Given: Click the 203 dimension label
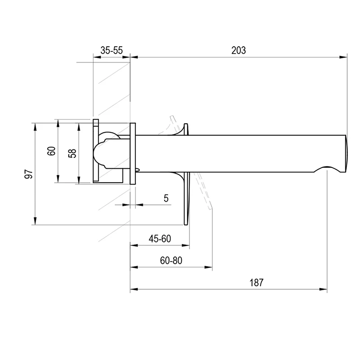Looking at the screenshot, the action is click(238, 50).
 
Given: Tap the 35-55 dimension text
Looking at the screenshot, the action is click(112, 50).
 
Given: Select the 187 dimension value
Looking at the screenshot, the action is click(256, 283).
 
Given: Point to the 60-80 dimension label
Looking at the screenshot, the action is click(171, 261).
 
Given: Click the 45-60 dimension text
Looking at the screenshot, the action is click(160, 239).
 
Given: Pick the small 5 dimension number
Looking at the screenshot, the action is click(166, 198).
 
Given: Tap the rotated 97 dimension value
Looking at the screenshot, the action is click(29, 174).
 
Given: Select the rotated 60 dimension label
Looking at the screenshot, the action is click(51, 151).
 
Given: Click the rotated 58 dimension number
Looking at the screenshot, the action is click(72, 153).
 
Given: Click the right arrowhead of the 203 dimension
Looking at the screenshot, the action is click(343, 57).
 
